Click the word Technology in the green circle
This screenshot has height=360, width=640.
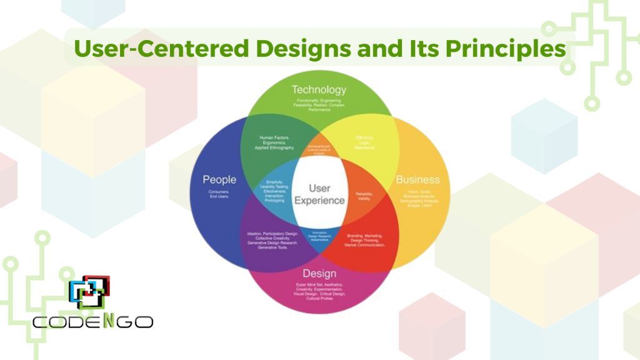tap(319, 90)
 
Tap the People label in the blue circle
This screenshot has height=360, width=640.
tap(219, 180)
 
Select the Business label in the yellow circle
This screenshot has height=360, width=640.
tap(417, 180)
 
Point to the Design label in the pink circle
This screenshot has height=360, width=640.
tap(319, 274)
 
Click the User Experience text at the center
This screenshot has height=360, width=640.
tap(319, 194)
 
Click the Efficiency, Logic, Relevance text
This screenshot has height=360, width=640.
tap(364, 142)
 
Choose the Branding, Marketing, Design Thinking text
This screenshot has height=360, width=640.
tap(365, 240)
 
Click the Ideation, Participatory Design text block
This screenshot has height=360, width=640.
tap(272, 240)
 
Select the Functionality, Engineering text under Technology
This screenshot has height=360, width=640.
tap(319, 104)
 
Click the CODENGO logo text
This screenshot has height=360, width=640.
tap(92, 322)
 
